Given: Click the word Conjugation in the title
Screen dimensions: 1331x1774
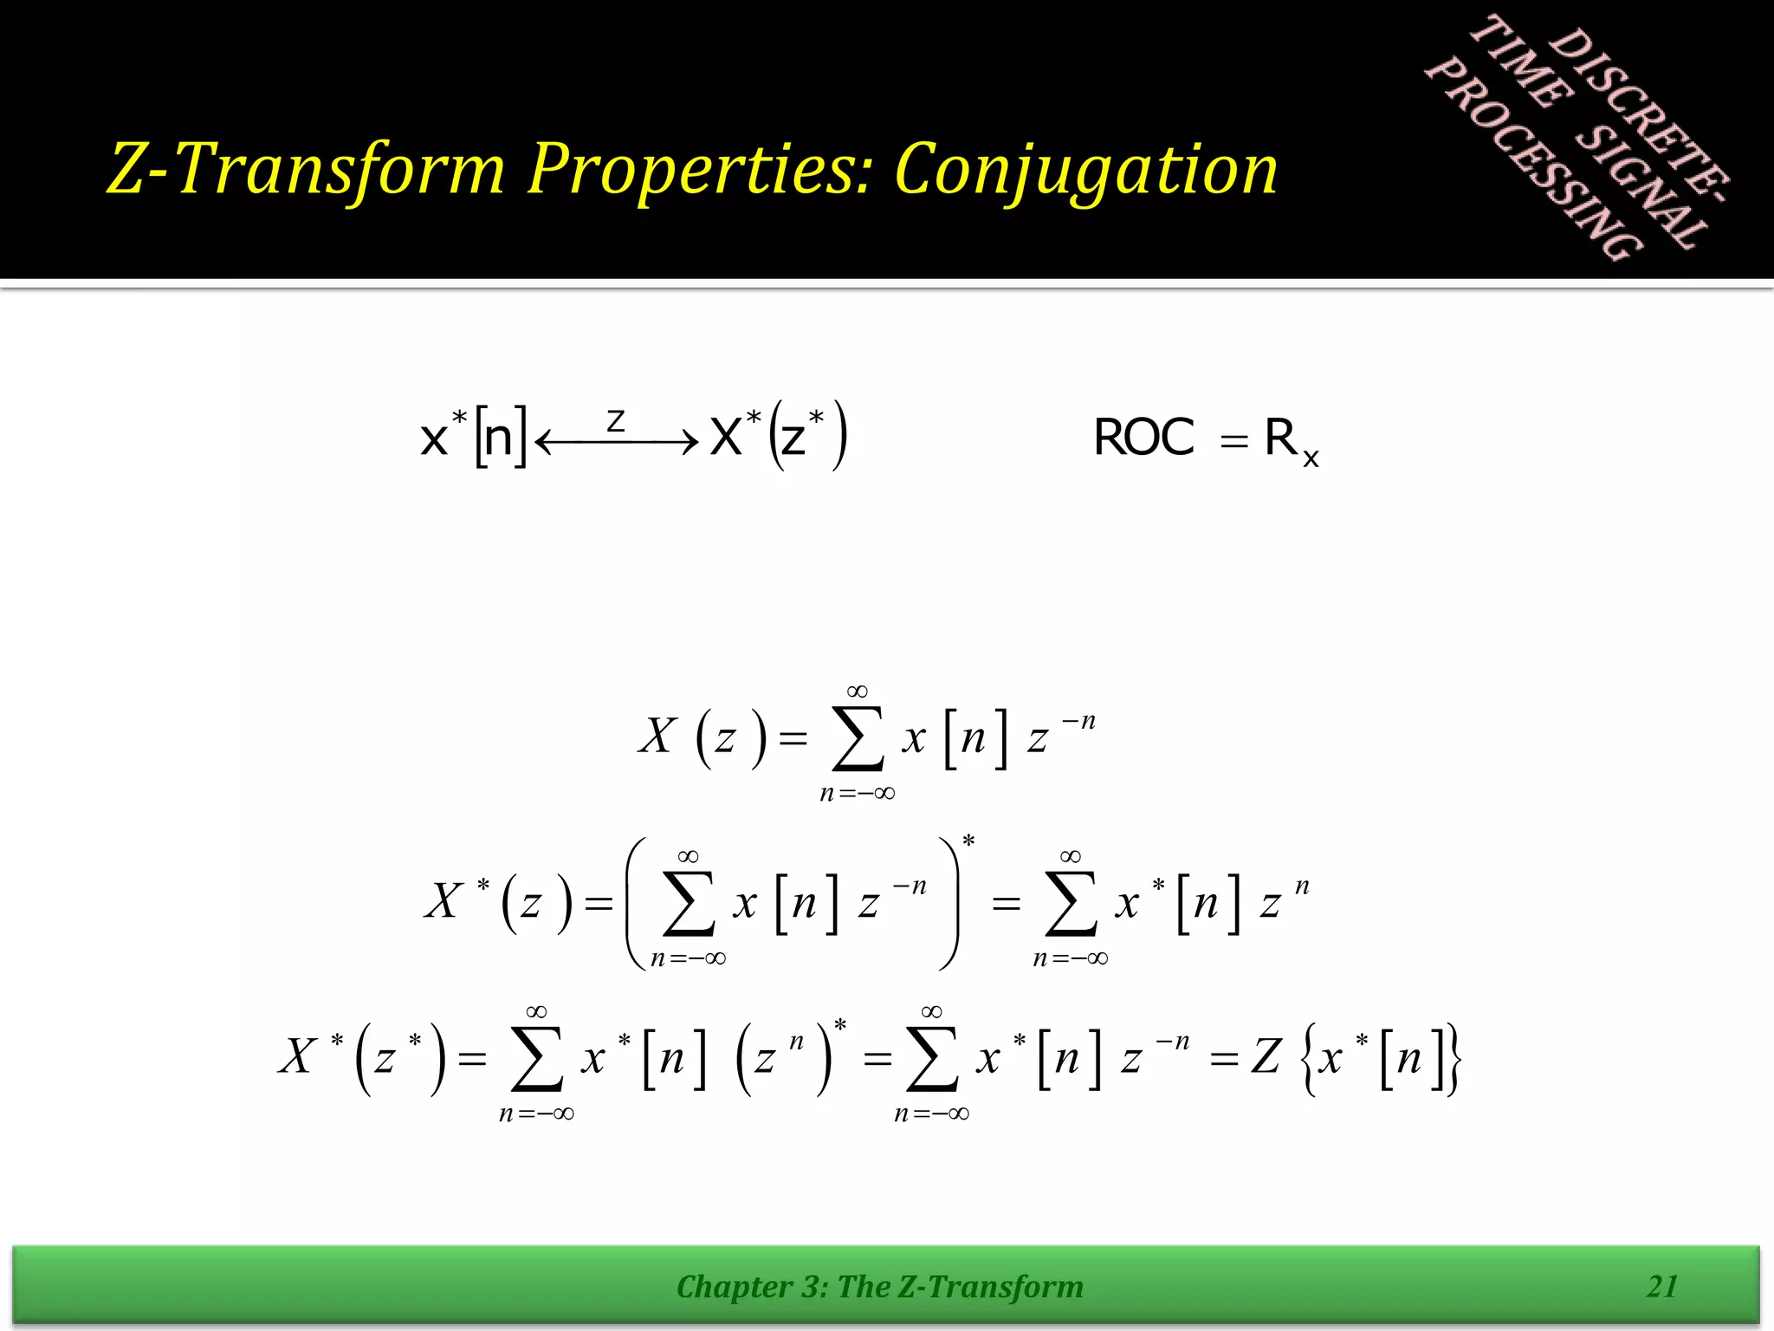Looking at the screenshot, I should (1085, 170).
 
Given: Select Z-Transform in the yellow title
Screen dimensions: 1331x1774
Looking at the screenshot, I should (307, 170).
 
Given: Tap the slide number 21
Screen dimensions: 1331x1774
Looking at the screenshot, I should (1662, 1287).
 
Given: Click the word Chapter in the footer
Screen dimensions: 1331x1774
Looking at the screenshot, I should (734, 1287).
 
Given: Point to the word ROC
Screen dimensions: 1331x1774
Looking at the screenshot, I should (1143, 438).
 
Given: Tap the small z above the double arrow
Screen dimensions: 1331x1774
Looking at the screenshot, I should (616, 421).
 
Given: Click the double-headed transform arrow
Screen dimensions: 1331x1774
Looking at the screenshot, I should (617, 443).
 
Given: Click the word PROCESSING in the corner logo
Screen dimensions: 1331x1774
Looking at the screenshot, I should (1534, 160).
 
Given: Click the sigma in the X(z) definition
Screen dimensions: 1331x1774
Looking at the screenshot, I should (858, 738).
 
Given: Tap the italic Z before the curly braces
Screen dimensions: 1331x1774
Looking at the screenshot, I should (1266, 1057).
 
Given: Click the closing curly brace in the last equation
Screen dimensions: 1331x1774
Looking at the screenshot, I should (1453, 1059).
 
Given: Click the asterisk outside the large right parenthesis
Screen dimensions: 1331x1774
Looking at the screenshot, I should (968, 841).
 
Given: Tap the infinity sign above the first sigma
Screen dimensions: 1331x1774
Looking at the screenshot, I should (858, 691).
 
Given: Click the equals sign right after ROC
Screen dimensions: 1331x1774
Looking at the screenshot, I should (1233, 442).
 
